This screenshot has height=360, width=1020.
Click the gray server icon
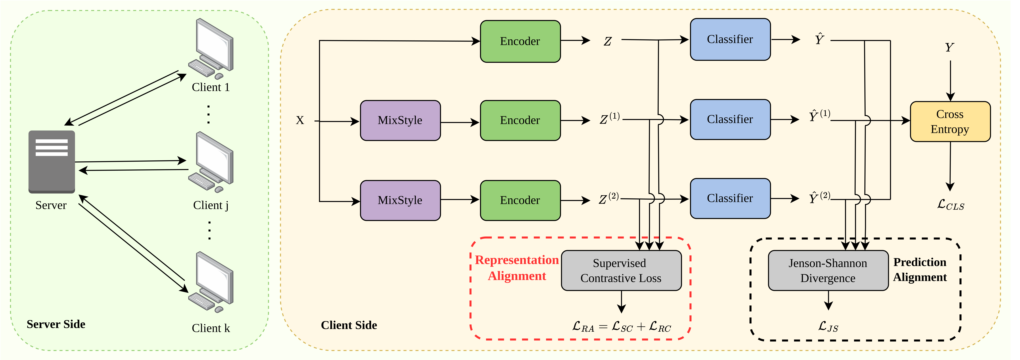coord(51,162)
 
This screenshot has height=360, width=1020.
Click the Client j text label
coord(211,205)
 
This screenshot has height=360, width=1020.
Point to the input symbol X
coord(300,120)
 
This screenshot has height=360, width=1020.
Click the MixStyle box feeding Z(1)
coord(400,120)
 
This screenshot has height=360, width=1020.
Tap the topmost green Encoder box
coord(520,41)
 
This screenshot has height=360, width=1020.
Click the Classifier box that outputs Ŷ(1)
coord(730,119)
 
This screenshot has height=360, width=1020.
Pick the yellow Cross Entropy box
coord(950,122)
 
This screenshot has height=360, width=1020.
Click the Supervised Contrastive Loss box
coord(621,270)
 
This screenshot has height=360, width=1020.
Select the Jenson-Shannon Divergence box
coord(828,270)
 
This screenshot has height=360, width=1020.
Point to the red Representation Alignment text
coord(517,268)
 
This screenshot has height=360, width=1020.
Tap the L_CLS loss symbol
coord(950,205)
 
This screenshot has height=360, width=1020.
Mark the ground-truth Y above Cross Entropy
coord(949,48)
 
